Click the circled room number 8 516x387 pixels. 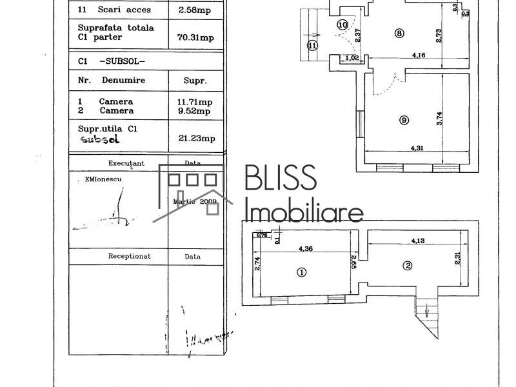(x=399, y=34)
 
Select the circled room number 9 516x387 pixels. (x=404, y=119)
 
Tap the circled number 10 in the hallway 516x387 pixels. (x=342, y=25)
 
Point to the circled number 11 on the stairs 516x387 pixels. (x=312, y=45)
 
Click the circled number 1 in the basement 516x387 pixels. (x=301, y=272)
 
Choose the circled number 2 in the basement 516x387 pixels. (x=407, y=265)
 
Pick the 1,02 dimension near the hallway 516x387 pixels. (x=353, y=58)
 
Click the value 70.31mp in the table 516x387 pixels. (x=195, y=37)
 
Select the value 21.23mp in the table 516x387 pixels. (x=195, y=138)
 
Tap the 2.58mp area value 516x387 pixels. (x=195, y=10)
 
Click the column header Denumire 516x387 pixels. (x=123, y=81)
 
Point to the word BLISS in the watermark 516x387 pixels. (x=281, y=179)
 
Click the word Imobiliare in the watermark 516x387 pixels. (x=304, y=211)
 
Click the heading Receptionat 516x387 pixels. (x=129, y=256)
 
